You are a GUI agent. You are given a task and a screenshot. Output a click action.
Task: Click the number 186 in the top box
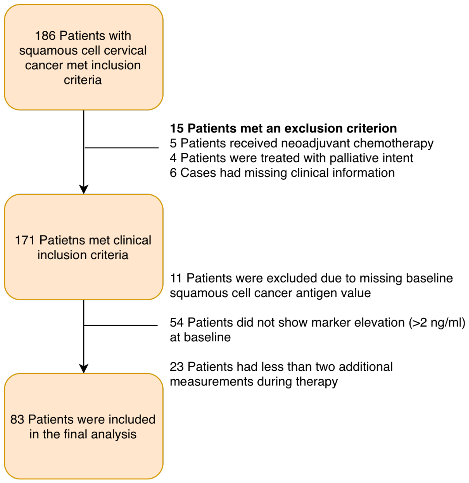pos(45,36)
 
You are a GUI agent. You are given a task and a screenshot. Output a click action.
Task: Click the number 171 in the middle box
pos(26,240)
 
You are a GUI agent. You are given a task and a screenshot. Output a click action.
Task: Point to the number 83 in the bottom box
pos(17,419)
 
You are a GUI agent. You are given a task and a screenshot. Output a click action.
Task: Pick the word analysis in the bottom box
pos(114,434)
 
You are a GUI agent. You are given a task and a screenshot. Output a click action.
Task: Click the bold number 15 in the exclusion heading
pos(177,128)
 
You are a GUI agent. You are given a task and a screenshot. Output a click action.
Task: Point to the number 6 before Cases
pos(173,173)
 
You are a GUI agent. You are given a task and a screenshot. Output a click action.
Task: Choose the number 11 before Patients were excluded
pos(176,278)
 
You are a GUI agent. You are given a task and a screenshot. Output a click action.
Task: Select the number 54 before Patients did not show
pos(177,322)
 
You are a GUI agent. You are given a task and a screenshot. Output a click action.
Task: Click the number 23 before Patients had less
pos(177,367)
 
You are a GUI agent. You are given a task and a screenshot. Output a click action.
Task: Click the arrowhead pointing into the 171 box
pos(84,189)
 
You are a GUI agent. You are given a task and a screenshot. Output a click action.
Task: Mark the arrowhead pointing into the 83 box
pos(84,368)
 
